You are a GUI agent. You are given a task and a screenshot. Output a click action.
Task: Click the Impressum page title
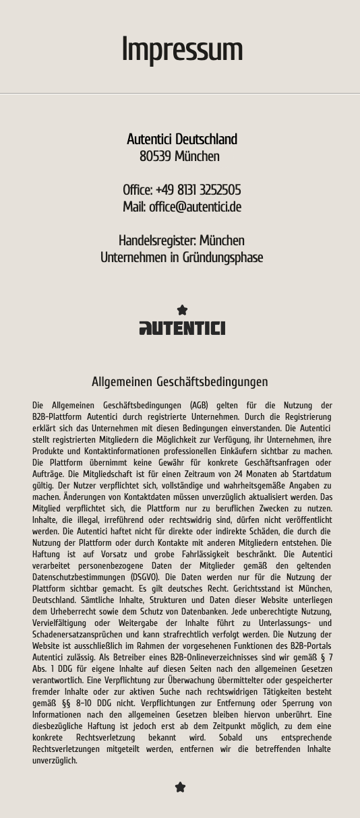(181, 50)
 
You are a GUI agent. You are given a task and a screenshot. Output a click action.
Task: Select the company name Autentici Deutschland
(182, 139)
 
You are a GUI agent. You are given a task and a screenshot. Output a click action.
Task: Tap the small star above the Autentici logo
(182, 310)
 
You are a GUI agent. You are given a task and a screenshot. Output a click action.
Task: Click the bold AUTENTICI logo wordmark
(182, 328)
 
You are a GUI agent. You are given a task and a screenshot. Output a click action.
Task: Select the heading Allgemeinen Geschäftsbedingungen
(180, 382)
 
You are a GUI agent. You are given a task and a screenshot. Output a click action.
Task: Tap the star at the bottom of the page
(180, 787)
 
